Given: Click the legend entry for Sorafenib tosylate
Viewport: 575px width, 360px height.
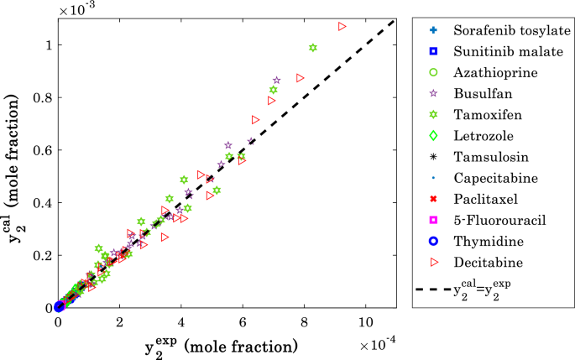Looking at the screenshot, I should pyautogui.click(x=500, y=30).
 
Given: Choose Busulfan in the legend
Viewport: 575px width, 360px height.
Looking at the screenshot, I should pyautogui.click(x=479, y=94).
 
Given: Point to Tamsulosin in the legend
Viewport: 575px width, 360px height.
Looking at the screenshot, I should pyautogui.click(x=487, y=157).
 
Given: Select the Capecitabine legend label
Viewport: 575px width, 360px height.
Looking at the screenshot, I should pyautogui.click(x=491, y=178).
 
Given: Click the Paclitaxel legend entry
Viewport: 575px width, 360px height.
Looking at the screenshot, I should pyautogui.click(x=482, y=199).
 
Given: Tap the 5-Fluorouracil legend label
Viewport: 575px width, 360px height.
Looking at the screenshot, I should pyautogui.click(x=494, y=220).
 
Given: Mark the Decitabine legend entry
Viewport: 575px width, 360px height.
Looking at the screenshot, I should pyautogui.click(x=485, y=262).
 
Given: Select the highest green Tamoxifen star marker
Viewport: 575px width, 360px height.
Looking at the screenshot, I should pyautogui.click(x=313, y=48).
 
